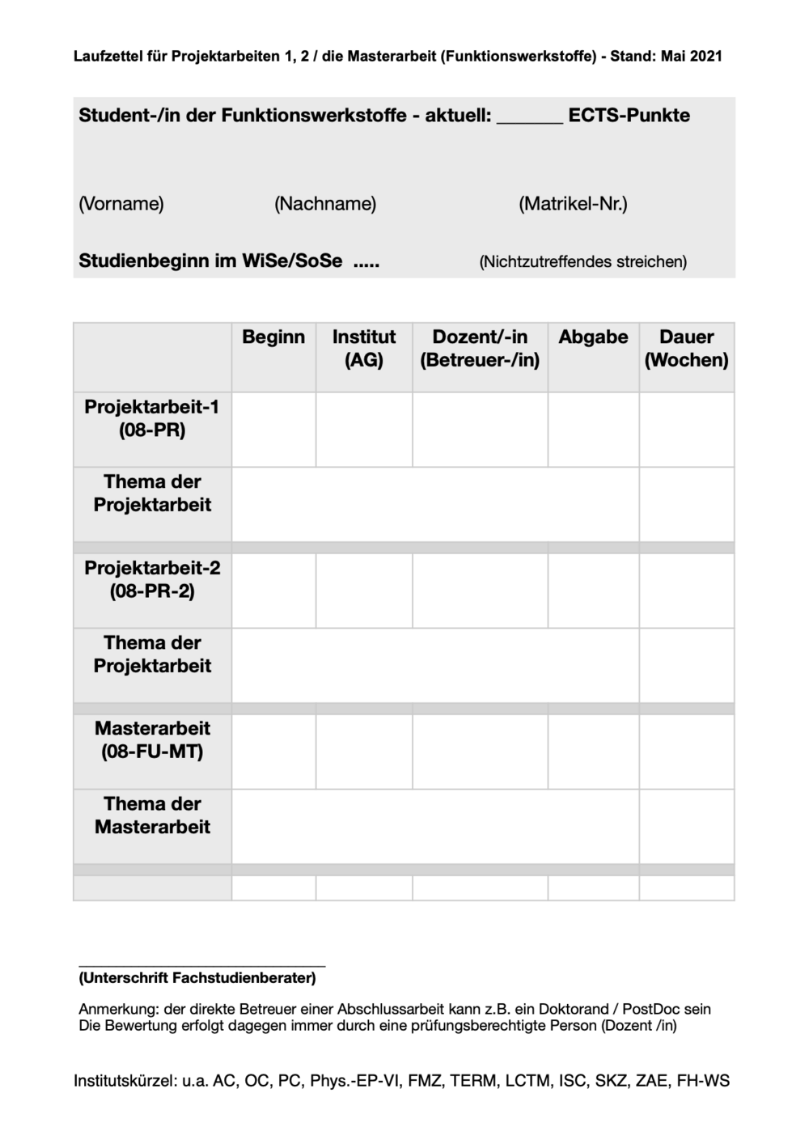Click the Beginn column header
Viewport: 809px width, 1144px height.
273,337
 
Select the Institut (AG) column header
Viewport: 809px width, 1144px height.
364,349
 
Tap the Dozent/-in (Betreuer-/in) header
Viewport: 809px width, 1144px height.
480,349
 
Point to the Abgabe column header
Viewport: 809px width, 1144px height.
593,337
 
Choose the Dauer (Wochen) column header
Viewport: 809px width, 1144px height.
686,349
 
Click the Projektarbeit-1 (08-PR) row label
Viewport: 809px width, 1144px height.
152,418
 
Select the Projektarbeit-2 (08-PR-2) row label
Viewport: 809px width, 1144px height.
152,579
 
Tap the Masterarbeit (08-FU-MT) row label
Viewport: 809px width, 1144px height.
152,740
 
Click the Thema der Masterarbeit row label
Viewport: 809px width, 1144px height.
152,816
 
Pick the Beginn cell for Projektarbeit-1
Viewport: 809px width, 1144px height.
273,430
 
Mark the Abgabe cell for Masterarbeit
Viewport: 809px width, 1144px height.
593,752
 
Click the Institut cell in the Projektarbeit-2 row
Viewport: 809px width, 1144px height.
364,591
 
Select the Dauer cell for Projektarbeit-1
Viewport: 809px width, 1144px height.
686,430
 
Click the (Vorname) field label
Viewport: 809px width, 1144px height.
121,204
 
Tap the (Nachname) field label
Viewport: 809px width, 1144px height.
325,204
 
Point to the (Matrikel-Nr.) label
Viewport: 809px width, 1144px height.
573,204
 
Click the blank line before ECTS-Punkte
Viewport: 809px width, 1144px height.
530,119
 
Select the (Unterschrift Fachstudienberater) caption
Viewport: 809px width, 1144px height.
197,978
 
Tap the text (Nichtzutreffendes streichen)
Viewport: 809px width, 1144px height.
582,262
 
